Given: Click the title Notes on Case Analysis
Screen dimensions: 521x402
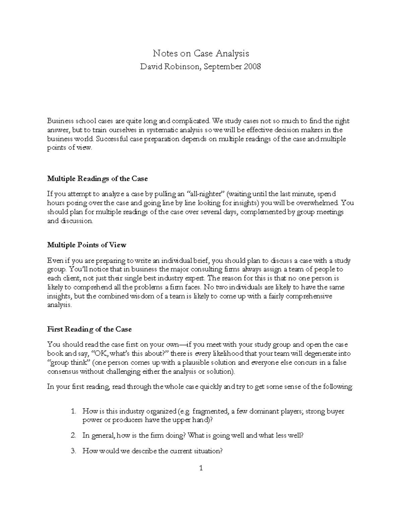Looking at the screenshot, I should click(x=201, y=53).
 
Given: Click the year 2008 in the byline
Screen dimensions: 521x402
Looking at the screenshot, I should click(x=252, y=67).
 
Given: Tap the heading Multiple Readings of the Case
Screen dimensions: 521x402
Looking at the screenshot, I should click(x=97, y=179).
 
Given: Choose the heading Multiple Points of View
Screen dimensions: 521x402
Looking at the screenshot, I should click(x=87, y=245).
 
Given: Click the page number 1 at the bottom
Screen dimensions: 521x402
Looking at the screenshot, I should click(x=201, y=468).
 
